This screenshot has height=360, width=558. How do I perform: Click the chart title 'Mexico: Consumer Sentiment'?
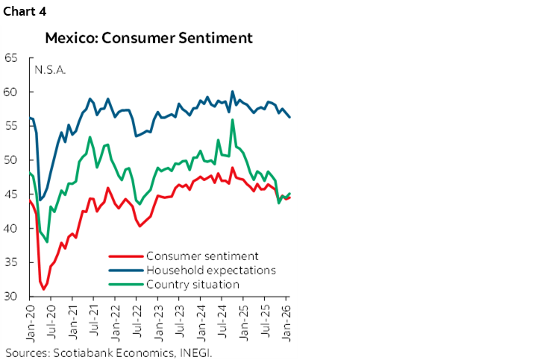(x=148, y=37)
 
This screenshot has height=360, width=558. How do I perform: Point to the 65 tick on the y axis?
(x=11, y=58)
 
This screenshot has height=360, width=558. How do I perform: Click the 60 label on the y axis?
(x=11, y=92)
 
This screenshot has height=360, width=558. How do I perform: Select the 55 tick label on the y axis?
(x=11, y=126)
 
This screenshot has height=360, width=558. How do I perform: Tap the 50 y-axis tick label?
(x=11, y=160)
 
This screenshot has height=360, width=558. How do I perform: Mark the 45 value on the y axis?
(x=11, y=195)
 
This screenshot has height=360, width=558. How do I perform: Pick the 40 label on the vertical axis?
(x=11, y=229)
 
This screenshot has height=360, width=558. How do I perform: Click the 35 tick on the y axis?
(x=11, y=262)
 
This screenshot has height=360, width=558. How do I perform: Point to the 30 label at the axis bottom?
(x=11, y=297)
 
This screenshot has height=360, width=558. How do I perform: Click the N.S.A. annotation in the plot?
(x=50, y=70)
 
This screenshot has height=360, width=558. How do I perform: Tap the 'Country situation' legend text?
(x=192, y=283)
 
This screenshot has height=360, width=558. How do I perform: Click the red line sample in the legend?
(x=125, y=256)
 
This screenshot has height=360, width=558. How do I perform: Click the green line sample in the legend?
(x=125, y=284)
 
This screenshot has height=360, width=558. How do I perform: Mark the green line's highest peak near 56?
(x=233, y=119)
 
